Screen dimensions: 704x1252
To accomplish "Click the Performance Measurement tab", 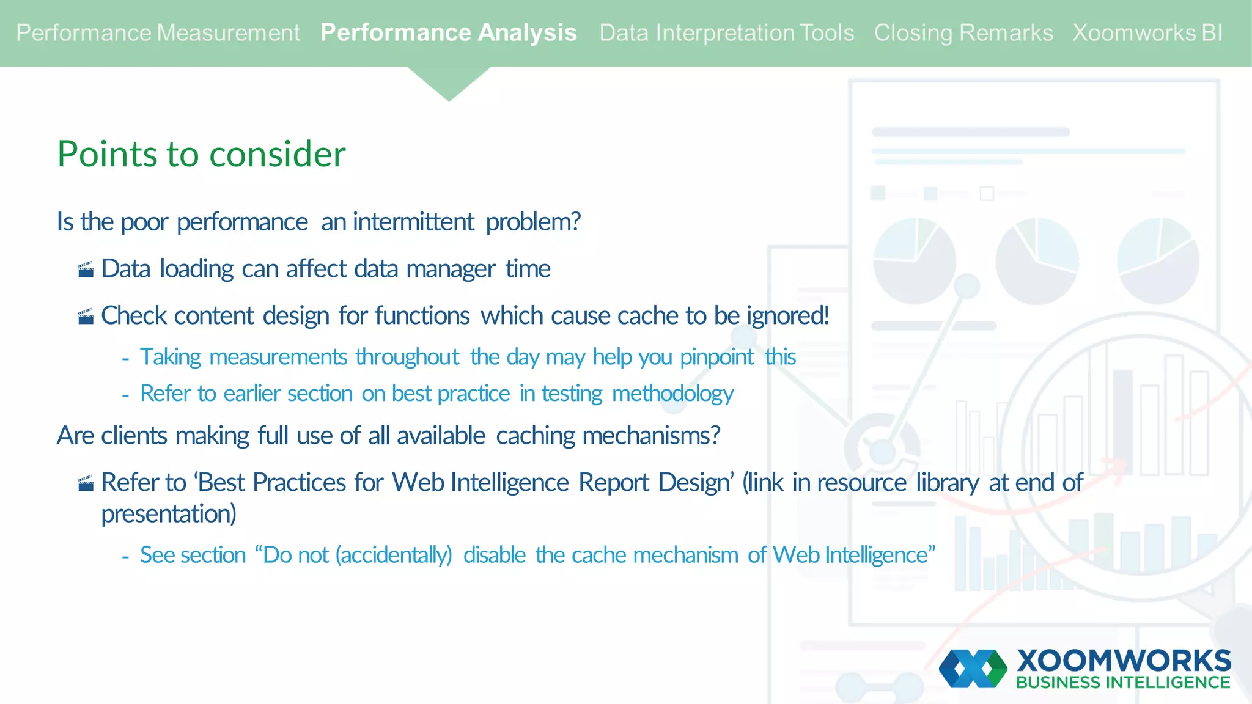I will pos(158,33).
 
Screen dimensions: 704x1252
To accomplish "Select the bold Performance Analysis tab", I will pos(448,33).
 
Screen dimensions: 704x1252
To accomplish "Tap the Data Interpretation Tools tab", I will pos(726,33).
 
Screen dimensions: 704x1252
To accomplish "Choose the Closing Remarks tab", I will pos(963,33).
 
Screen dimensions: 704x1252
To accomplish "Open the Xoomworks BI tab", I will pos(1147,33).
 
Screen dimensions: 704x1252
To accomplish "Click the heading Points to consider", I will pos(201,154).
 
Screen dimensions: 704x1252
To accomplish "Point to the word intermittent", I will pos(413,222).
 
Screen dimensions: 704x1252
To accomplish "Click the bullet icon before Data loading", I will pos(86,269).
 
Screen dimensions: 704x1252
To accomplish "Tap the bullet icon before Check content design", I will pos(86,317).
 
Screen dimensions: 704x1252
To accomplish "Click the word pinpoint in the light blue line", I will pos(716,357).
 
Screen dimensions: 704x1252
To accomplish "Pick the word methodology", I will pos(672,394).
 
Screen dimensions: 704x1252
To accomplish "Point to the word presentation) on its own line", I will pos(169,514).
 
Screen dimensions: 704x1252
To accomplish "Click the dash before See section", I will pos(125,557).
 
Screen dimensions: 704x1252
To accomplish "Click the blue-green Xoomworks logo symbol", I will pos(973,669).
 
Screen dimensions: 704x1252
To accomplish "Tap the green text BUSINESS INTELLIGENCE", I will pos(1123,683).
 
